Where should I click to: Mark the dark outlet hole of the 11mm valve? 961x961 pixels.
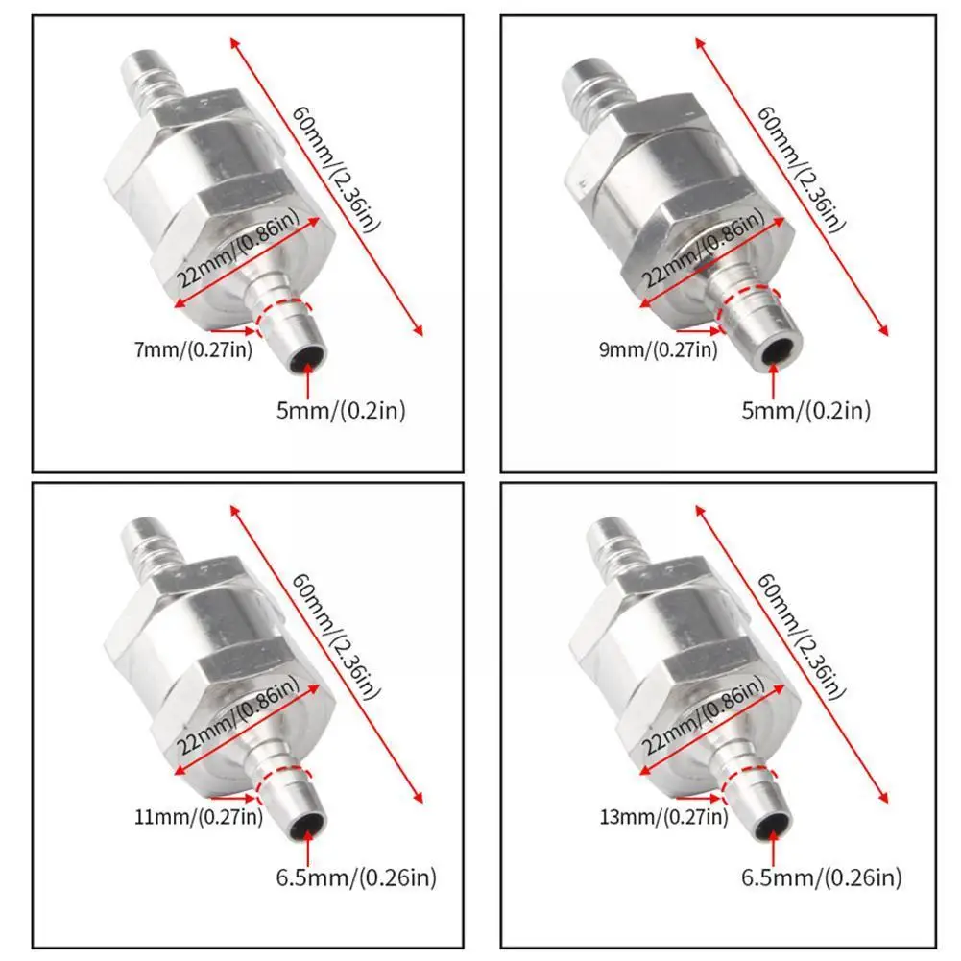(x=308, y=824)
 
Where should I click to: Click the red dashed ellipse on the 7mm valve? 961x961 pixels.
(x=284, y=312)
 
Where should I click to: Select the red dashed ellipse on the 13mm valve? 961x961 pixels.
(x=750, y=783)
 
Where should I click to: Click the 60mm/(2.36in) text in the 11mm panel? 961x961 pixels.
(x=334, y=638)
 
